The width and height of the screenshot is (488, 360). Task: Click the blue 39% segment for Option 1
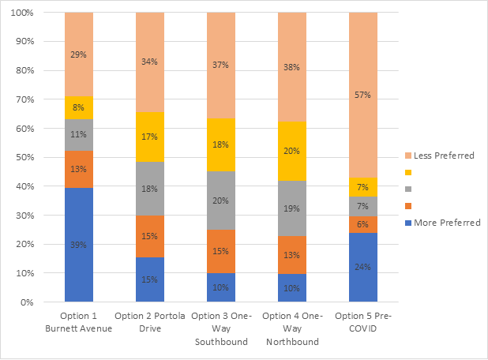(79, 245)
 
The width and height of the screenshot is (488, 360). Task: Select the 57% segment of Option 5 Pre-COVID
(363, 95)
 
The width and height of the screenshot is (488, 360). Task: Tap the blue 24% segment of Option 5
(363, 267)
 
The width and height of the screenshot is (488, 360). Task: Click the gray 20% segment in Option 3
(221, 201)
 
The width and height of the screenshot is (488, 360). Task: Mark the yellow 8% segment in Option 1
(79, 107)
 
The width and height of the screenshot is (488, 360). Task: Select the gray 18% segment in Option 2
(150, 189)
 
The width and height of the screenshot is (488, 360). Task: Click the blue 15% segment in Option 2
(150, 279)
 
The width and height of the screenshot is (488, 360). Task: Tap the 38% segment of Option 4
(292, 67)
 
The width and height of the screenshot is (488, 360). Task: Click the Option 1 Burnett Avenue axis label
(79, 323)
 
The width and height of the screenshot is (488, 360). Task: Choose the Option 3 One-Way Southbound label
(221, 328)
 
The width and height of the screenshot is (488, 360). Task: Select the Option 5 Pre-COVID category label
(363, 323)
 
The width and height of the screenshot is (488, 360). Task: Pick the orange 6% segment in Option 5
(363, 224)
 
